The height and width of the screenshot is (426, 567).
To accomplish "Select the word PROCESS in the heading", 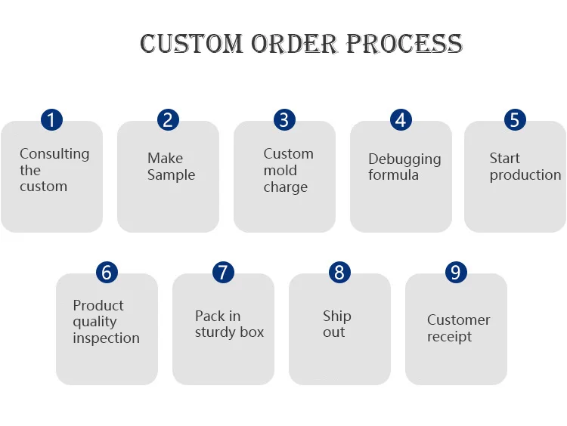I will [x=404, y=43].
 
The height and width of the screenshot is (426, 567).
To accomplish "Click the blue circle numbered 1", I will [x=51, y=119].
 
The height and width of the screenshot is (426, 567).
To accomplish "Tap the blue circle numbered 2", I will [x=168, y=119].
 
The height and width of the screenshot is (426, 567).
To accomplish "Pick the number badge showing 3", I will [x=284, y=119].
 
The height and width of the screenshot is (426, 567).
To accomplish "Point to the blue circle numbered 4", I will [x=401, y=119].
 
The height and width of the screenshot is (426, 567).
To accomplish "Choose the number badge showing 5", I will [x=515, y=119].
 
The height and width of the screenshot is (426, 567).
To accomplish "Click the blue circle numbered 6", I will [x=107, y=272].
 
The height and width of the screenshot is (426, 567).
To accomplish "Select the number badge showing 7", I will [x=223, y=272].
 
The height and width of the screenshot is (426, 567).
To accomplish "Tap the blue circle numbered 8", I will [x=339, y=272].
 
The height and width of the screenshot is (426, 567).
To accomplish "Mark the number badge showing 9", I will [x=456, y=272].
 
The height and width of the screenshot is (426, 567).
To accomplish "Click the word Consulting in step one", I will [x=54, y=154].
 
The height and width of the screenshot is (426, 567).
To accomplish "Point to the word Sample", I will [x=171, y=175].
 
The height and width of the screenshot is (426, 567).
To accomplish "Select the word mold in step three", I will [x=280, y=171].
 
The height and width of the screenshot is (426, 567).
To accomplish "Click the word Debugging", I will [x=404, y=159].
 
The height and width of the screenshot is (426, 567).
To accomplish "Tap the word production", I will [x=525, y=175].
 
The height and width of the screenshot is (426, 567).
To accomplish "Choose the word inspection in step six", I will [x=106, y=338].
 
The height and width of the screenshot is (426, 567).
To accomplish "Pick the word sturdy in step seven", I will [x=211, y=332].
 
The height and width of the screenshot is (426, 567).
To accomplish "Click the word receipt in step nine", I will [x=449, y=337].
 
